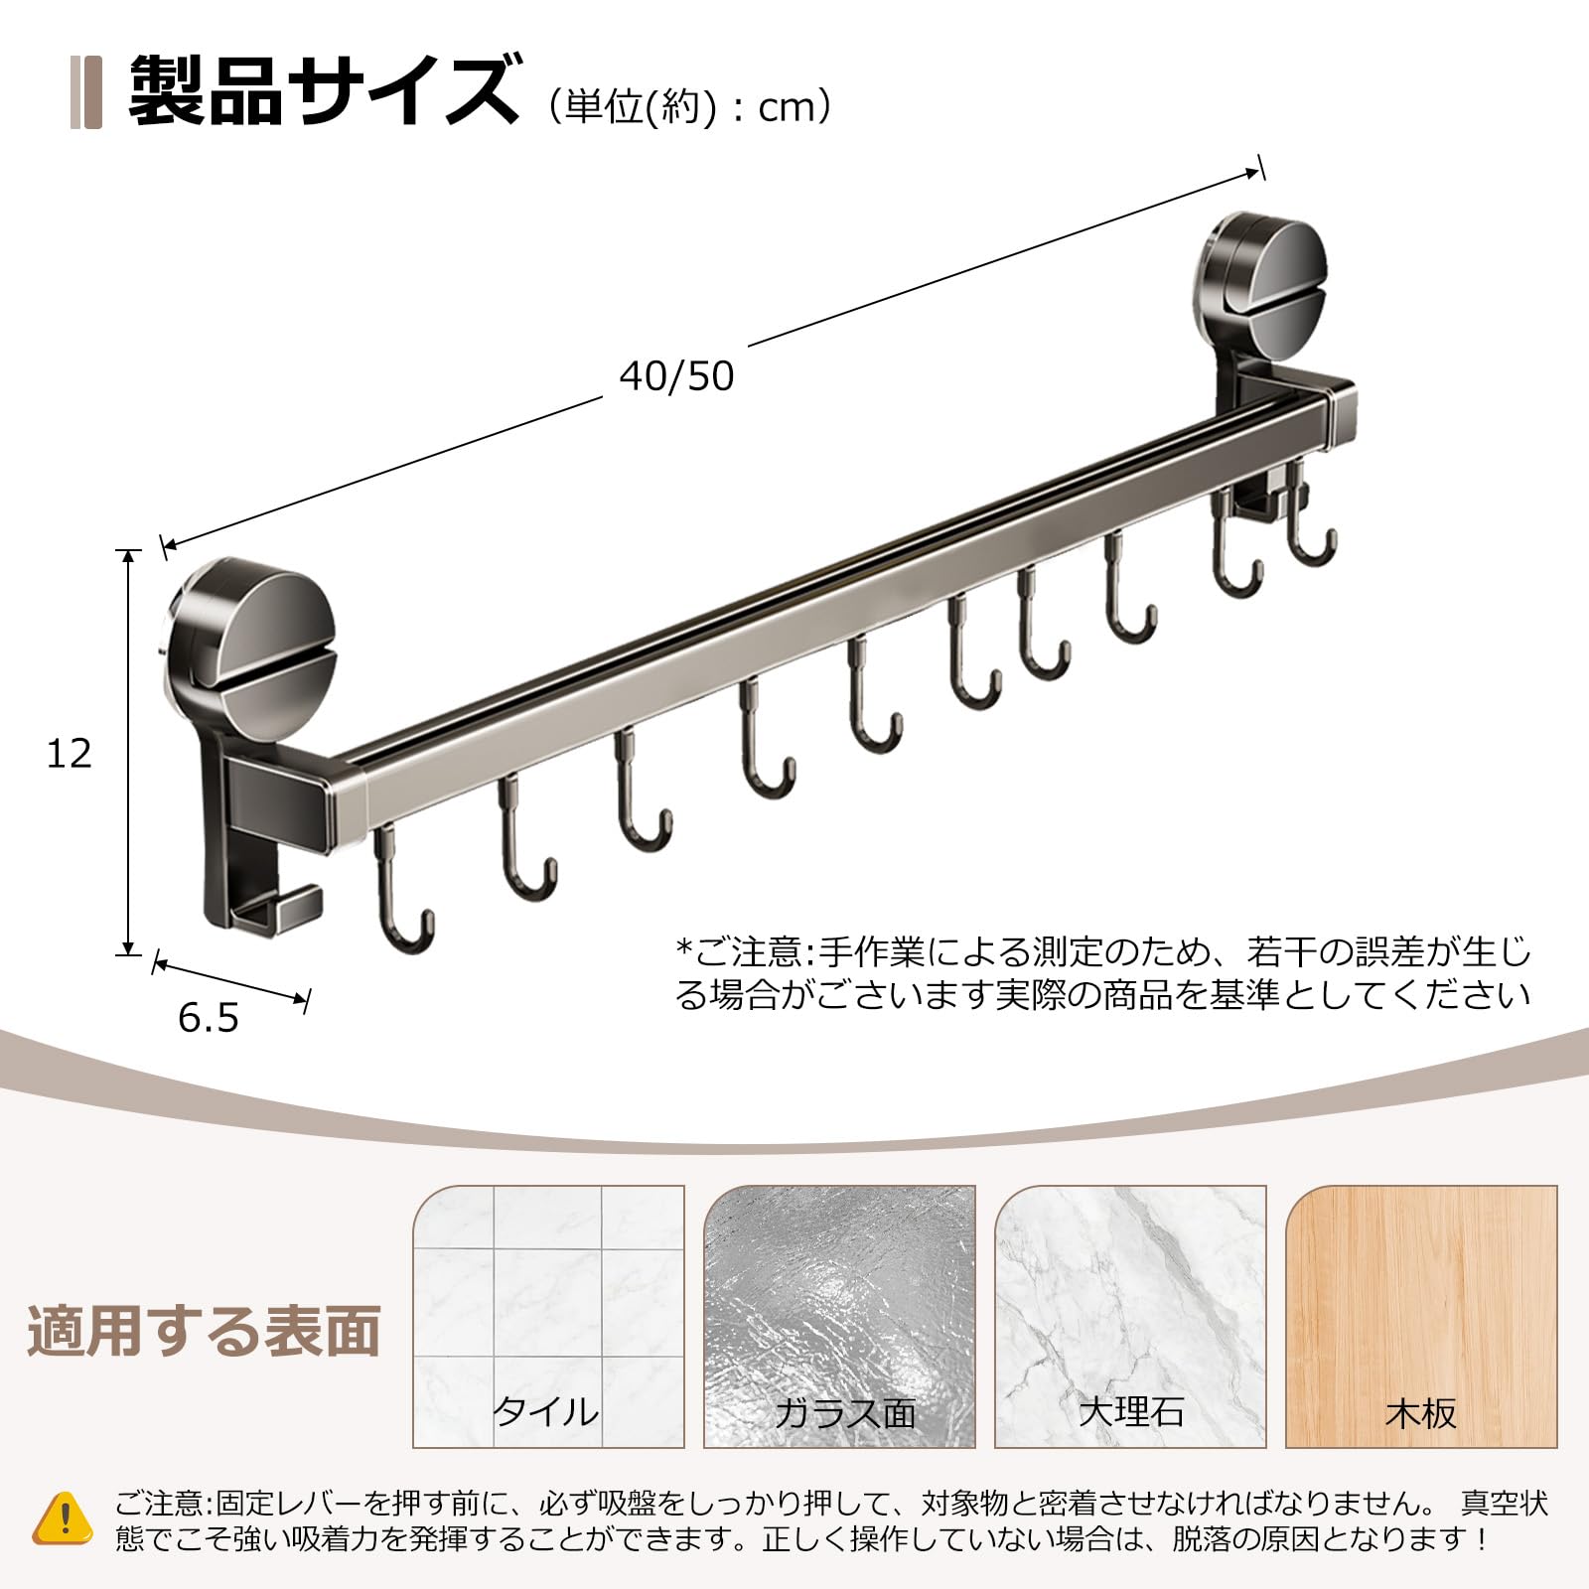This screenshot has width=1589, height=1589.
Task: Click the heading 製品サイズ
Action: (323, 91)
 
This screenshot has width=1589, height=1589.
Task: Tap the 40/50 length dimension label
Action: (676, 376)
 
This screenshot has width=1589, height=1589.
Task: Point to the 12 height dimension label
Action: (70, 754)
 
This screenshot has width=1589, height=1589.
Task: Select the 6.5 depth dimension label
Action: (209, 1018)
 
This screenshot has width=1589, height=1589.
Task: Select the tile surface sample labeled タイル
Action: (548, 1316)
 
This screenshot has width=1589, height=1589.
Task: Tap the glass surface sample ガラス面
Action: (839, 1316)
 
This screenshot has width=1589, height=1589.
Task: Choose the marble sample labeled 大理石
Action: (1130, 1316)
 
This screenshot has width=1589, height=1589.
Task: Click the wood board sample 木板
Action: (1421, 1316)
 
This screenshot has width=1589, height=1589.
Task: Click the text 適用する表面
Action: (204, 1331)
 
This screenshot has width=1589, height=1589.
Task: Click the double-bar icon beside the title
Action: (86, 93)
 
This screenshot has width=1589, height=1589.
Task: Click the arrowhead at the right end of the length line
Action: (1253, 173)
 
